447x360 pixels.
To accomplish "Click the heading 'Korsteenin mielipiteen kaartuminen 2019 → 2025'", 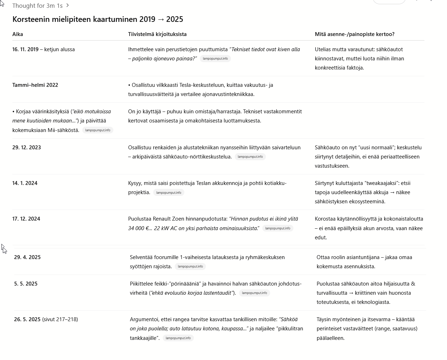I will pos(97,19).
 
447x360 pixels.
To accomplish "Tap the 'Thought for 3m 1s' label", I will pos(37,6).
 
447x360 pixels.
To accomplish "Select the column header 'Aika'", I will pos(18,34).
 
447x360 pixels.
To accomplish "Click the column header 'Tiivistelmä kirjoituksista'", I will pos(157,34).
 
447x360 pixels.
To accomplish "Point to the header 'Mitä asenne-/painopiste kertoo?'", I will pos(354,34).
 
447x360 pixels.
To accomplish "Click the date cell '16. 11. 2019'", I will pos(25,49).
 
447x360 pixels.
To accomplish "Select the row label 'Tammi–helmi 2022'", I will pos(35,85).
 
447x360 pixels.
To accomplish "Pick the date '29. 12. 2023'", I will pos(26,148).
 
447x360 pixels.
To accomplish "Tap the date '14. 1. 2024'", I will pos(25,183).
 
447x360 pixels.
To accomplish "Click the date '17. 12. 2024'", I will pos(26,219).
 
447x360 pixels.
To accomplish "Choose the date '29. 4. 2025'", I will pos(27,257).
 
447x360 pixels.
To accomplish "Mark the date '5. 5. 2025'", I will pos(26,284).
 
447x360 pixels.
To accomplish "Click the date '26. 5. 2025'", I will pos(27,319).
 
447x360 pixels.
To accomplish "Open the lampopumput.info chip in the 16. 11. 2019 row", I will pos(215,59).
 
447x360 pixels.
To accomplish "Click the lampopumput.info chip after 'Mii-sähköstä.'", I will pos(97,130).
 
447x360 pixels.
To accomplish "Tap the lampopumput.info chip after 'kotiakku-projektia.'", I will pos(168,193).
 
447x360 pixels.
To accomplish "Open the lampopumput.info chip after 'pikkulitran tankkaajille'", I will pos(178,338).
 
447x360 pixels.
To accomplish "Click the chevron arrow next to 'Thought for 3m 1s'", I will pos(67,6).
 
